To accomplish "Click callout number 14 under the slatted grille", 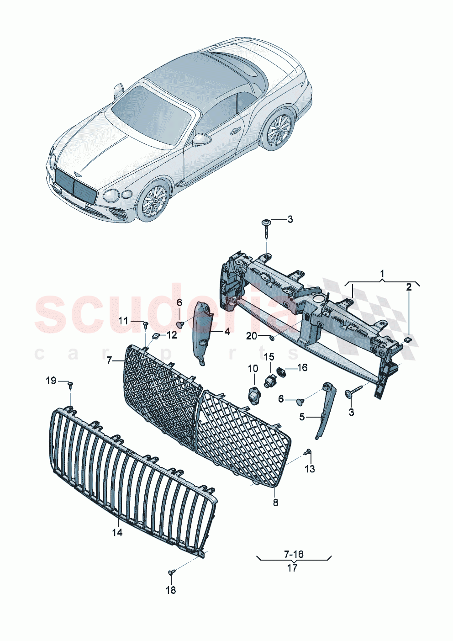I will point(117,532).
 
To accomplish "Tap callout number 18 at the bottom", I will point(170,591).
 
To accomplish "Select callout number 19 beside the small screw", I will point(51,381).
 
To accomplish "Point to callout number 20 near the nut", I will point(252,336).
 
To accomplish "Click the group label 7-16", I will point(294,554).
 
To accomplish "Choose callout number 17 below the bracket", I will point(292,568).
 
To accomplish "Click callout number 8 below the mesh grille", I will point(275,503).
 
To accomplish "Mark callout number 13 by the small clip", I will point(310,469).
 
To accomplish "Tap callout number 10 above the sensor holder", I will point(253,368).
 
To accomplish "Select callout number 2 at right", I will point(409,287).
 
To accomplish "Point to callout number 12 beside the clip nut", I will point(171,335).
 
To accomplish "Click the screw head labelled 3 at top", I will point(266,222).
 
